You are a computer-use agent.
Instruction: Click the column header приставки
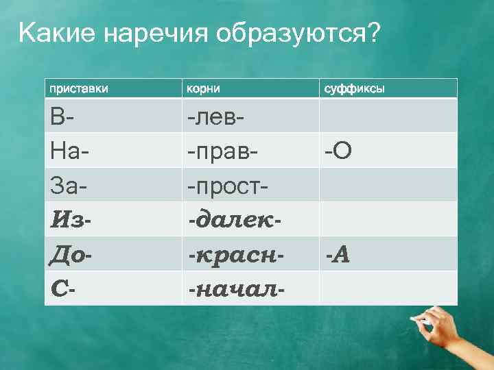coord(78,89)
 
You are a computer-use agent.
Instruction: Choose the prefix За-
coord(68,185)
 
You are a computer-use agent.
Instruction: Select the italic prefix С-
coord(63,289)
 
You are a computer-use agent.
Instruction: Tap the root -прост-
coord(228,185)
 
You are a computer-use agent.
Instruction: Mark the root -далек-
coord(236,220)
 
